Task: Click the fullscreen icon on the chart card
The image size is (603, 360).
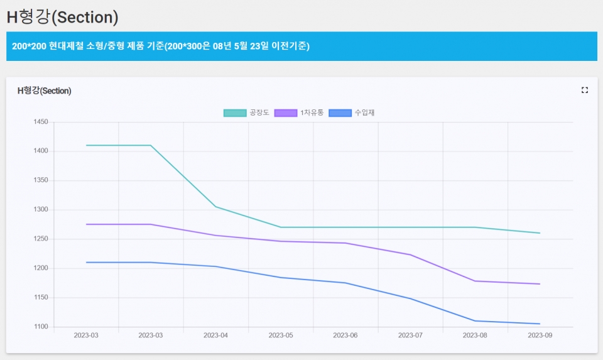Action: point(585,90)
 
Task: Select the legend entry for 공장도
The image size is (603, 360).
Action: point(246,112)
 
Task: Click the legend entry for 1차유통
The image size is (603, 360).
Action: point(298,112)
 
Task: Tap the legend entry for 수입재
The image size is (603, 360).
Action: point(352,112)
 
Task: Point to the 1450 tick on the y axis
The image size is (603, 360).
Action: point(40,122)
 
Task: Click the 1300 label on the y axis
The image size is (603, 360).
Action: point(40,210)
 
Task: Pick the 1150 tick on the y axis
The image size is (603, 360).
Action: point(40,298)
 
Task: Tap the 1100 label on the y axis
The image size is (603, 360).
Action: point(40,327)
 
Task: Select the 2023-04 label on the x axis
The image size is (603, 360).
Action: point(215,335)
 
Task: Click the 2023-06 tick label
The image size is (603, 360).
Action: point(345,335)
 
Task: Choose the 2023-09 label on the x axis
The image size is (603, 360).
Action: point(540,335)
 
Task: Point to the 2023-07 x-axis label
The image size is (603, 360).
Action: point(410,335)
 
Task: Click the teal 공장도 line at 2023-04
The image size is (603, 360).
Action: point(215,207)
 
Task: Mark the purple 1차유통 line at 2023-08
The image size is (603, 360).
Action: point(475,281)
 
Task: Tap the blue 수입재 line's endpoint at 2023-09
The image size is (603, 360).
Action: point(540,324)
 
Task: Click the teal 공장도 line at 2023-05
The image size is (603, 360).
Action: point(281,227)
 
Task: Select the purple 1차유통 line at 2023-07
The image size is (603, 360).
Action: point(410,254)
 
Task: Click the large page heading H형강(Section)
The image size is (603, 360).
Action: point(62,17)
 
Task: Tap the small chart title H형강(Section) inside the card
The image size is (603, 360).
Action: point(44,90)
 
